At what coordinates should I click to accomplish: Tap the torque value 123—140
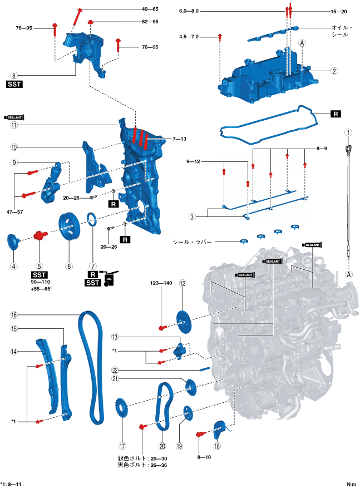(161, 284)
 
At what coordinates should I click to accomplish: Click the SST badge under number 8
(14, 85)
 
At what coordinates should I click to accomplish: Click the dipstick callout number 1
(348, 133)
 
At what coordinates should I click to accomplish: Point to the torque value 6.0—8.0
(189, 11)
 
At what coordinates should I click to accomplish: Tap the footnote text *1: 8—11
(11, 484)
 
